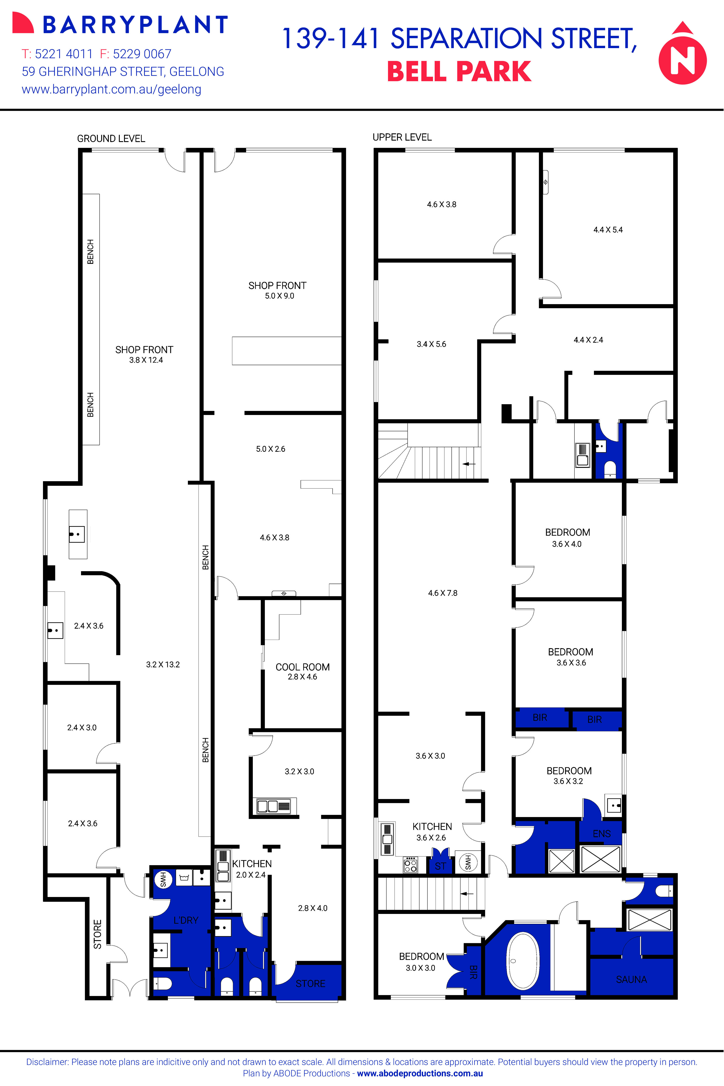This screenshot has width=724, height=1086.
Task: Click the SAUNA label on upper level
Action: coord(631,979)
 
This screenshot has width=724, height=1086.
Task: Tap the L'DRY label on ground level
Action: coord(186,920)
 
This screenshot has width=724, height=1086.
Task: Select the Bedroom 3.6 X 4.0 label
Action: coord(568,537)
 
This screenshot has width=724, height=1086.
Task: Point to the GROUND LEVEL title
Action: coord(111,138)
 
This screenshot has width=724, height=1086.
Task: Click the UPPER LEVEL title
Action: coord(402,137)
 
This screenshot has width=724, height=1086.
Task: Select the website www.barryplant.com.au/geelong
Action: coord(111,90)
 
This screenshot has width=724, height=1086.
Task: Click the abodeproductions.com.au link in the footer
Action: coord(420,1073)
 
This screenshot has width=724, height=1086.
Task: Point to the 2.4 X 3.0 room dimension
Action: coord(82,728)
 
